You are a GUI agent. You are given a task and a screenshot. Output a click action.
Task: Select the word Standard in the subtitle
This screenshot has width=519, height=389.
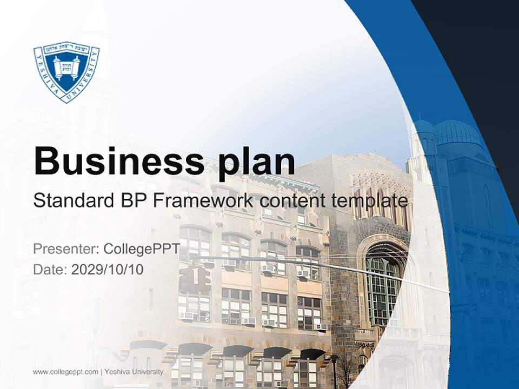(71, 201)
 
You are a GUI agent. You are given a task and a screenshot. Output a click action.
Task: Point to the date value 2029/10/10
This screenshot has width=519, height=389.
(108, 269)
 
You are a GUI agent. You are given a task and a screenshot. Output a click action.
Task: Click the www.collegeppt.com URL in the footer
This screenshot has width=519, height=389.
(65, 372)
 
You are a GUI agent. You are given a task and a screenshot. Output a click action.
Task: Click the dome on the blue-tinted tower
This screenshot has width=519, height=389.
(457, 133)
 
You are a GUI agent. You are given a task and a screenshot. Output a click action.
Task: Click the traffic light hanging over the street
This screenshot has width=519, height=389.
(196, 278)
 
